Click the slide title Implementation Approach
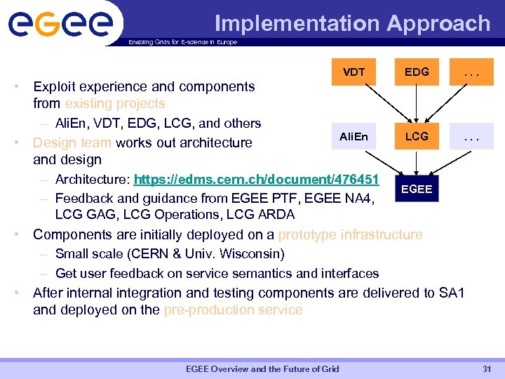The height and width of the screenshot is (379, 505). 352,23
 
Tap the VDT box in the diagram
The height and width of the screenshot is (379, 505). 353,72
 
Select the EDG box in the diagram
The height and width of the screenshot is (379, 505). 417,72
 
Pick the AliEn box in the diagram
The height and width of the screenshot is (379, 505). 353,136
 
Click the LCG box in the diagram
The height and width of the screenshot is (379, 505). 417,136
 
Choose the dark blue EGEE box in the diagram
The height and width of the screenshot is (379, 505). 417,188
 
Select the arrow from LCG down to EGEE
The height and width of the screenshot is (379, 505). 417,163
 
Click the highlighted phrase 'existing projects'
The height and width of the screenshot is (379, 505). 115,104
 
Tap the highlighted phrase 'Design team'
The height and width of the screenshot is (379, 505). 73,142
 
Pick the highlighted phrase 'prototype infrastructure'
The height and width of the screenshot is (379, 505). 350,234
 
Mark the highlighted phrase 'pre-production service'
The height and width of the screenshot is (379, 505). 233,310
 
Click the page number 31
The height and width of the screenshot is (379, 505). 487,369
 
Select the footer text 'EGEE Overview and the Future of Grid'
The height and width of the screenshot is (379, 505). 262,369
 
